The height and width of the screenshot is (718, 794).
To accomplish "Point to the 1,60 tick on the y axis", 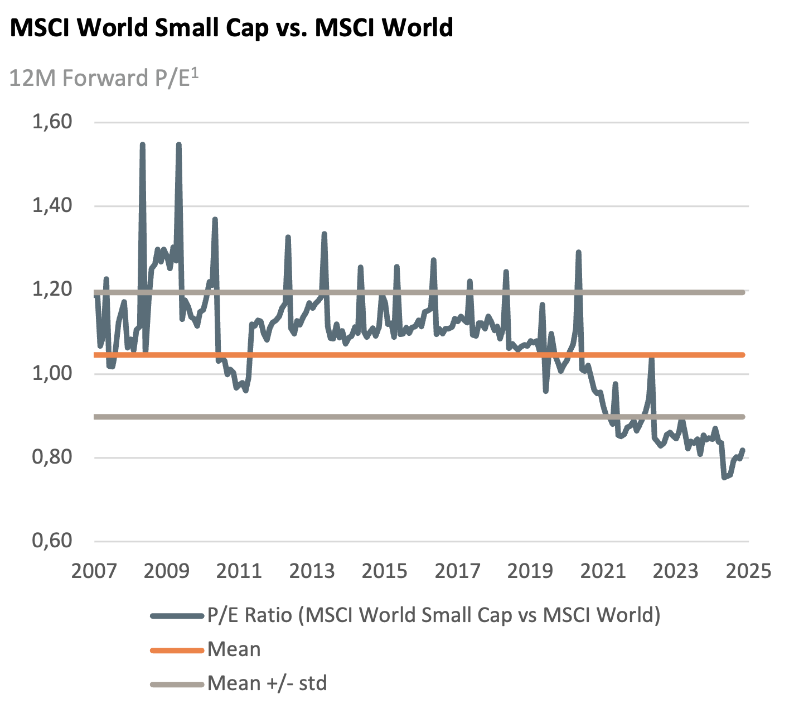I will [52, 122].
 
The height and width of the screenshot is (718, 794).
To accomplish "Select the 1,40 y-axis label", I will [52, 205].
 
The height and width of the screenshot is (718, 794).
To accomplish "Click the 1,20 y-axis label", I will [52, 289].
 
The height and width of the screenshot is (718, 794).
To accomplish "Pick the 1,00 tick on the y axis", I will [52, 373].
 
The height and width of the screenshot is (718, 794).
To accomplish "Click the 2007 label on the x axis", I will [94, 571].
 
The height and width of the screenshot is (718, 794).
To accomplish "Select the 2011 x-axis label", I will [239, 571].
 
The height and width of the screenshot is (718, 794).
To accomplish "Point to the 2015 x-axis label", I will [384, 571].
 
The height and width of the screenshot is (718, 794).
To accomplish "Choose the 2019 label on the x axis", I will [530, 571].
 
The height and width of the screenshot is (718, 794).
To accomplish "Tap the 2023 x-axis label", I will [675, 571].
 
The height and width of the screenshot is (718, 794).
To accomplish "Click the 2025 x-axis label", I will [748, 571].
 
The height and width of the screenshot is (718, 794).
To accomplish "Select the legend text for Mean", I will [234, 649].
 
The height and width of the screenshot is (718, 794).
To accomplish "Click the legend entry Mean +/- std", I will [267, 683].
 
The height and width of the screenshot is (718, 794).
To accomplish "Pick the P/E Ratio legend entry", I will [434, 615].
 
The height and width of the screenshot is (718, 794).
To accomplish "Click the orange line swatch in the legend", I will [177, 650].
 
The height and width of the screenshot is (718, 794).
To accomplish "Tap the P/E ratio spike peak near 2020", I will [578, 252].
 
